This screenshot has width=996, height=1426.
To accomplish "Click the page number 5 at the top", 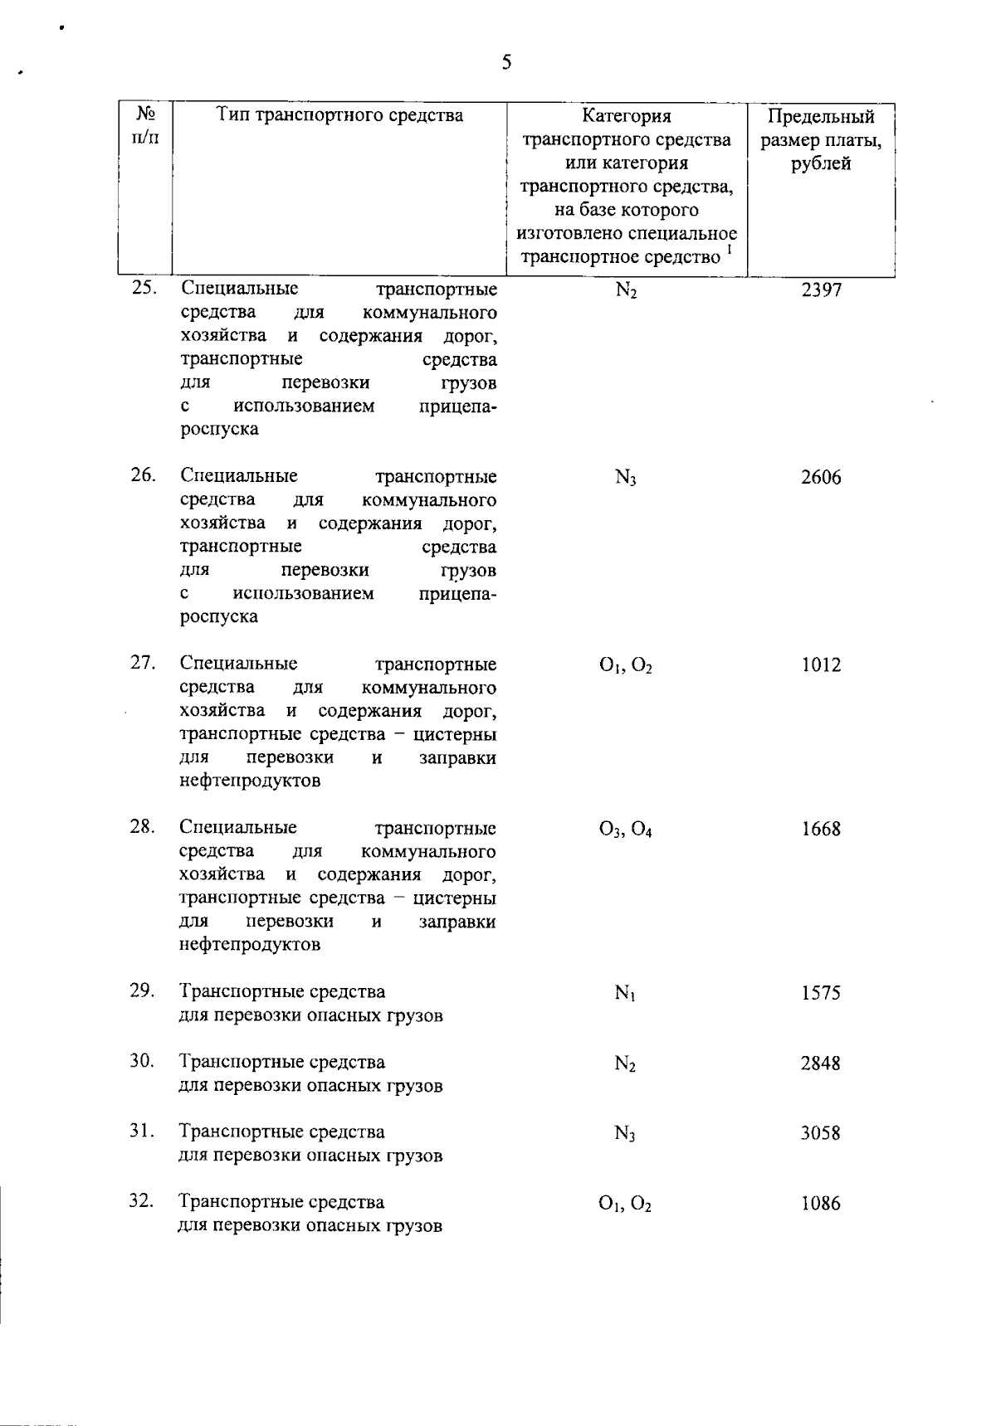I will (506, 62).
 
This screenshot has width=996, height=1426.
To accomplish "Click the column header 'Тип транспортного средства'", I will (339, 115).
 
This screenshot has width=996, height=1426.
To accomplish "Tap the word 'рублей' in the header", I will (820, 163).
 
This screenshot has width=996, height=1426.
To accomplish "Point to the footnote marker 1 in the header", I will (729, 248).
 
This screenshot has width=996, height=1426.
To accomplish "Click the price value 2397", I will (820, 290).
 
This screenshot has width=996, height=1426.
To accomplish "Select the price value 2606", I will (820, 478).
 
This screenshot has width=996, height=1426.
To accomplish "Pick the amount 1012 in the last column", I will (820, 665).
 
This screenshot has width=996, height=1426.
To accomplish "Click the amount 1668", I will (820, 830).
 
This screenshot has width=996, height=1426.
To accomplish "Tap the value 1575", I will (820, 993).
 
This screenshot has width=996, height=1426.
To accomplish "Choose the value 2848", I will (820, 1063).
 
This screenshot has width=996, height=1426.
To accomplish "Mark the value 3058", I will (820, 1133).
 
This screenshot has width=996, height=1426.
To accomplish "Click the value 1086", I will (820, 1204).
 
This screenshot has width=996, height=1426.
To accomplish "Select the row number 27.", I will (143, 663).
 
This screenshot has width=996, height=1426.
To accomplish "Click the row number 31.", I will (143, 1132).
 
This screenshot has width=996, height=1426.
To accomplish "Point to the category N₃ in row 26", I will (625, 479).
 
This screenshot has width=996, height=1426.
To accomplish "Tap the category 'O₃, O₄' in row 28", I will (625, 830).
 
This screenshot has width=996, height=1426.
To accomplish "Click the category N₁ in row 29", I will (625, 993).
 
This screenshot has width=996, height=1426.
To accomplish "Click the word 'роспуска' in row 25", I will (219, 429).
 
